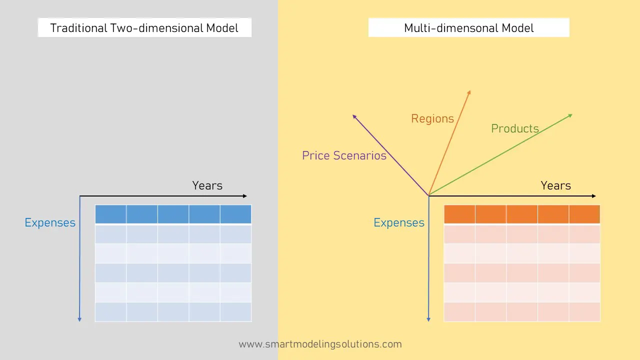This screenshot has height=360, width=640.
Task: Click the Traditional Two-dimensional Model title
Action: pyautogui.click(x=144, y=28)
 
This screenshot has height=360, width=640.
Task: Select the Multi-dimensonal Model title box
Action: pyautogui.click(x=468, y=28)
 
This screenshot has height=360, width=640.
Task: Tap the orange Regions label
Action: pyautogui.click(x=432, y=119)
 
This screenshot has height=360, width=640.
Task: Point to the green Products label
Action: pyautogui.click(x=515, y=129)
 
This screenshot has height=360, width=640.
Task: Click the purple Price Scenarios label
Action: pyautogui.click(x=344, y=155)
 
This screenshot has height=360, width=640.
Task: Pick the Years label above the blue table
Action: pyautogui.click(x=207, y=185)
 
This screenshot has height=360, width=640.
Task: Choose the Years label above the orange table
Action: pyautogui.click(x=555, y=185)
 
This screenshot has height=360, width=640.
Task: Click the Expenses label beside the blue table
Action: pyautogui.click(x=50, y=223)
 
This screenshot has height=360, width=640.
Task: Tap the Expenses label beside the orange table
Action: pyautogui.click(x=399, y=223)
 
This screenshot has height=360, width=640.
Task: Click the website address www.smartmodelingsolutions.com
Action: pyautogui.click(x=320, y=344)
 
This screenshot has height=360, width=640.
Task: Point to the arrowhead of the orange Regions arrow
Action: pyautogui.click(x=469, y=92)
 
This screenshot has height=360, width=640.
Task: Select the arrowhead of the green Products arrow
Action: pyautogui.click(x=570, y=115)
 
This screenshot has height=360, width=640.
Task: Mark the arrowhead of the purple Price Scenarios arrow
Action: pyautogui.click(x=354, y=116)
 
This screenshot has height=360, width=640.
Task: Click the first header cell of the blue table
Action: pyautogui.click(x=110, y=214)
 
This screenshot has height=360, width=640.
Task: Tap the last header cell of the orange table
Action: pyautogui.click(x=584, y=214)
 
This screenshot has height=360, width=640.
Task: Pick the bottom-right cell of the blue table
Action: pyautogui.click(x=235, y=312)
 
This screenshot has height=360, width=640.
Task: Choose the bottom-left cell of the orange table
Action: pyautogui.click(x=459, y=312)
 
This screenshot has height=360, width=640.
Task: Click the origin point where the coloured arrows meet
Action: pyautogui.click(x=428, y=195)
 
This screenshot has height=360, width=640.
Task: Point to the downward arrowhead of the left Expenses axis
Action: pyautogui.click(x=79, y=319)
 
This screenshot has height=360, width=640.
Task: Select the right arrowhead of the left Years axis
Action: pyautogui.click(x=245, y=196)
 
